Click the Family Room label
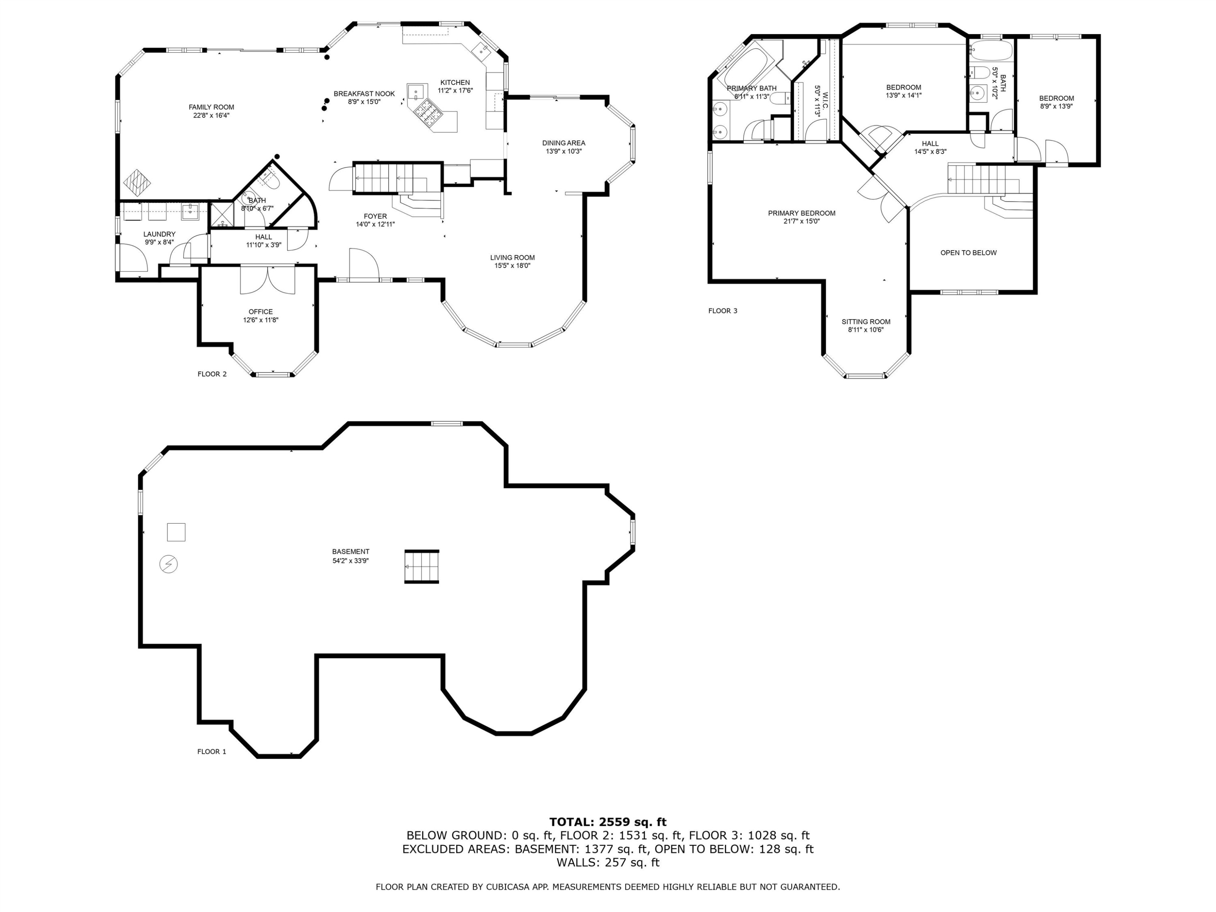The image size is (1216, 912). [x=212, y=107]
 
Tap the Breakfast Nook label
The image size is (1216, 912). [x=364, y=94]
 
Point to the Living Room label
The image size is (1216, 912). [x=512, y=257]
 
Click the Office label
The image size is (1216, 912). [x=261, y=312]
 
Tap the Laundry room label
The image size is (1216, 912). [x=159, y=234]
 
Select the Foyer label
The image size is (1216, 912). [x=375, y=216]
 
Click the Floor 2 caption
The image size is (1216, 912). [x=212, y=375]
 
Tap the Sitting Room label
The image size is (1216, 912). [x=866, y=322]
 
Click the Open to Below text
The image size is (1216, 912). [x=969, y=253]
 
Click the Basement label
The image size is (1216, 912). [x=351, y=552]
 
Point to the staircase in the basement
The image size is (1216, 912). [x=422, y=567]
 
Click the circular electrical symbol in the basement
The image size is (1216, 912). [x=168, y=565]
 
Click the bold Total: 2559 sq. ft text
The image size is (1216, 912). [x=608, y=822]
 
